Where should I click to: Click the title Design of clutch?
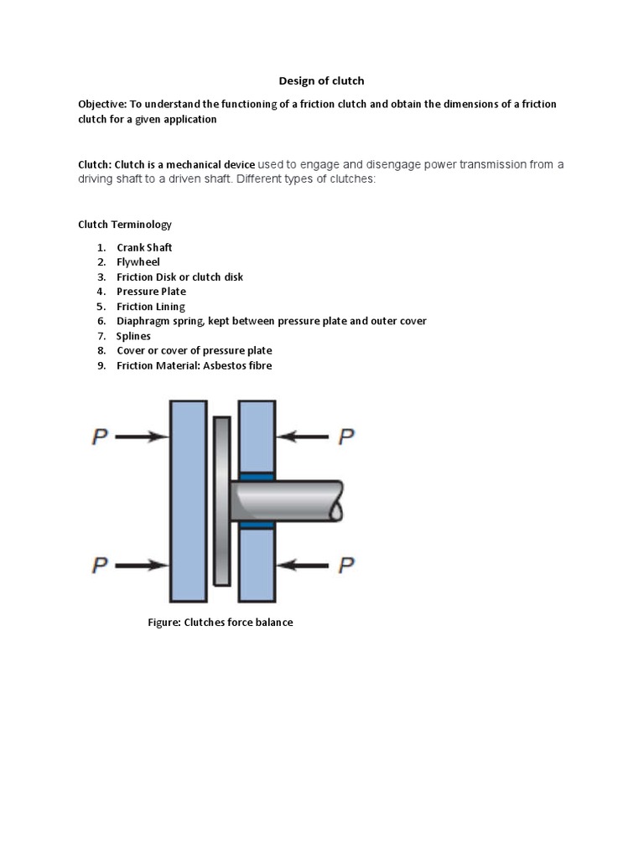point(321,81)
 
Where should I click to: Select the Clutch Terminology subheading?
point(124,225)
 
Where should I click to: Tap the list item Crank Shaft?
point(144,248)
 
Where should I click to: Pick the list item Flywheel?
point(138,262)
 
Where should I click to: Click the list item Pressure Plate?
point(151,292)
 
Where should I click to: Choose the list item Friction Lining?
point(151,307)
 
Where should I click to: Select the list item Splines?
point(133,336)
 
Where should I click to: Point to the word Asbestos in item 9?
point(222,365)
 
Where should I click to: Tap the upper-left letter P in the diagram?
point(100,437)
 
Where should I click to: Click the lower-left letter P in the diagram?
point(100,566)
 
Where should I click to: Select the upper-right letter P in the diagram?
point(345,437)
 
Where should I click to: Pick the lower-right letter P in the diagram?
point(345,566)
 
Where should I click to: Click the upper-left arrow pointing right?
point(142,437)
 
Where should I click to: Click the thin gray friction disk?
point(221,501)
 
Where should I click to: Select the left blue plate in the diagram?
point(188,501)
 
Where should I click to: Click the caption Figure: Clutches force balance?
point(221,623)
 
